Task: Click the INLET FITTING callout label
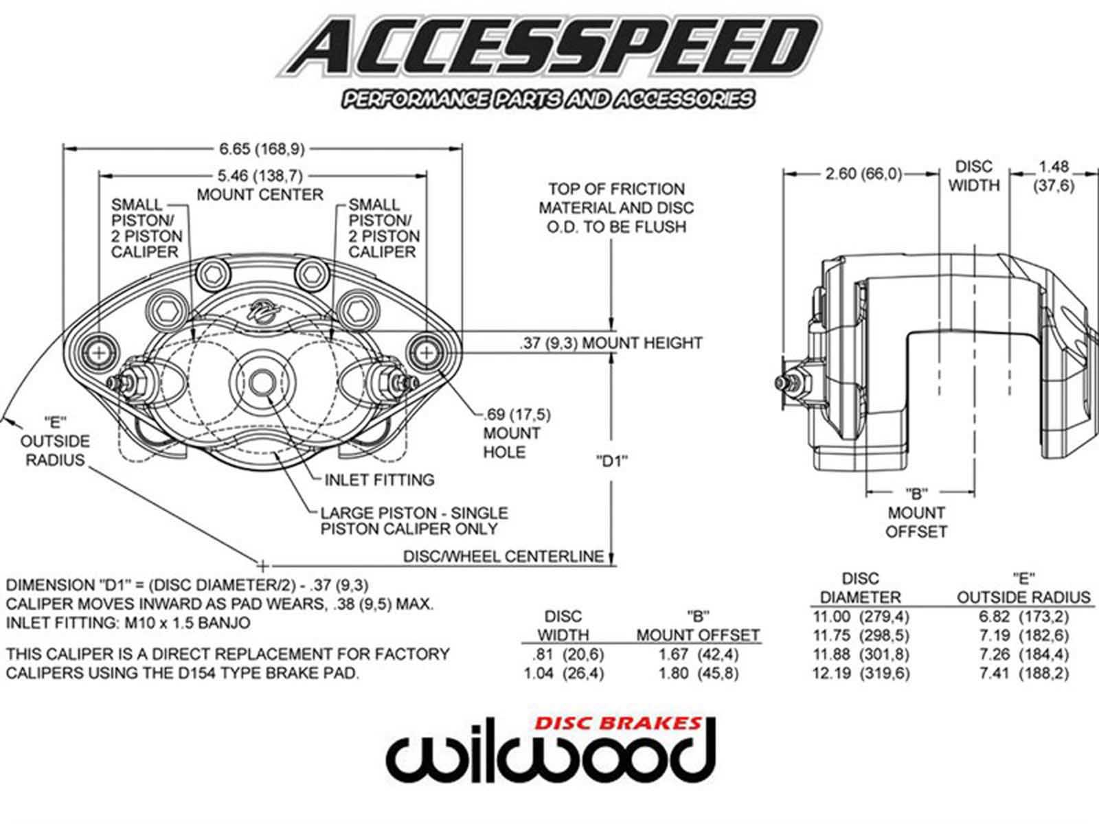(379, 479)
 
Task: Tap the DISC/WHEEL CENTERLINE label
(503, 556)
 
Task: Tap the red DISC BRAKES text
(618, 723)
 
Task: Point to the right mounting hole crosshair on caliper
(427, 352)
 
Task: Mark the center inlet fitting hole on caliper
(260, 382)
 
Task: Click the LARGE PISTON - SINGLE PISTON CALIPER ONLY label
(414, 520)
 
